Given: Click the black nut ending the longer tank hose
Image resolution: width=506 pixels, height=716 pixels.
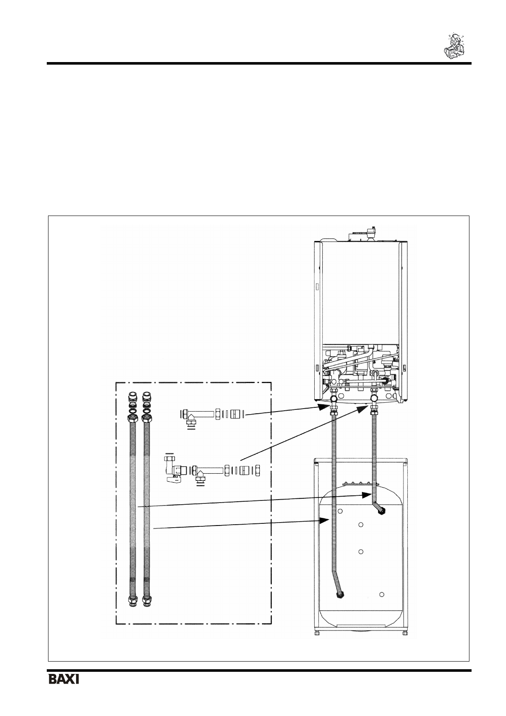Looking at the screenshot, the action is point(340,594).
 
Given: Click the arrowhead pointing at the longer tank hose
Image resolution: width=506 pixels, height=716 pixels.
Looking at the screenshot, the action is point(324,519).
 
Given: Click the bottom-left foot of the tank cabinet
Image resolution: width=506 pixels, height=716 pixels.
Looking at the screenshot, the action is point(317,633).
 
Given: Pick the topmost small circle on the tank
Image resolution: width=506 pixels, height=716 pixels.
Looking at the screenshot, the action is point(340,510).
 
